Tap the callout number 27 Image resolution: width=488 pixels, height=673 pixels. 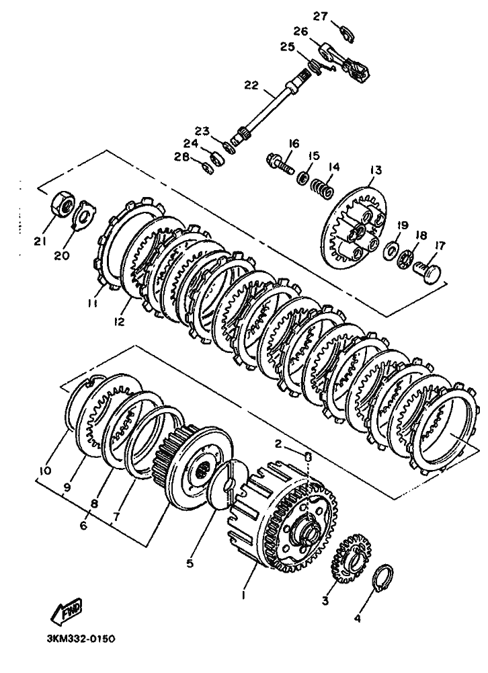[320, 16]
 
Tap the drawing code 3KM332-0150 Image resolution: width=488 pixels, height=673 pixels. [81, 639]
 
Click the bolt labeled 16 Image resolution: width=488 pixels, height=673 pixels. [279, 165]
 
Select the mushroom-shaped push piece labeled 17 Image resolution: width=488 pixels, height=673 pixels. [428, 273]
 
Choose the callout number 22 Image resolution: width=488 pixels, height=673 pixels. [251, 85]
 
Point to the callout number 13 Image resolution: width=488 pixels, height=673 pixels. [374, 170]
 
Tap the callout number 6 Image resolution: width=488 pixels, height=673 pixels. [83, 524]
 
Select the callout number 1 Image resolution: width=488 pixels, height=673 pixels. [243, 595]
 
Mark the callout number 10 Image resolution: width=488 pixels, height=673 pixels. [44, 471]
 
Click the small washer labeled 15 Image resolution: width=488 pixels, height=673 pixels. [303, 177]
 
